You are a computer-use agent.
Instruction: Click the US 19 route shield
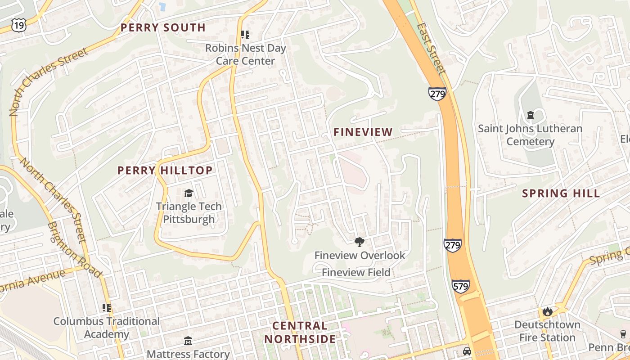pyautogui.click(x=19, y=25)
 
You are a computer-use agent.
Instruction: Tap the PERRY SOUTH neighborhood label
pyautogui.click(x=163, y=27)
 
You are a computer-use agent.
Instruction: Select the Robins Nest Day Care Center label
pyautogui.click(x=245, y=54)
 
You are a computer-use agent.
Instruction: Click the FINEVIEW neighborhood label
pyautogui.click(x=363, y=132)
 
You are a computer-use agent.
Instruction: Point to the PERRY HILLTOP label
pyautogui.click(x=165, y=171)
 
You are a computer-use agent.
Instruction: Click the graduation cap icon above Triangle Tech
pyautogui.click(x=189, y=193)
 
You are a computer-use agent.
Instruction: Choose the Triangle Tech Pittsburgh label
pyautogui.click(x=189, y=213)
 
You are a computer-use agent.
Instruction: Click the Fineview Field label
pyautogui.click(x=356, y=272)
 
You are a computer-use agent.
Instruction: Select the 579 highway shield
pyautogui.click(x=461, y=286)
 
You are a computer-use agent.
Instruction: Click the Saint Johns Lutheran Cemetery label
pyautogui.click(x=530, y=135)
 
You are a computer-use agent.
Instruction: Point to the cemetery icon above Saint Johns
pyautogui.click(x=530, y=116)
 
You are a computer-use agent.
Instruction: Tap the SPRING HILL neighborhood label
pyautogui.click(x=561, y=193)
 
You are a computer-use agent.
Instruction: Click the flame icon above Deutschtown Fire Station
pyautogui.click(x=547, y=311)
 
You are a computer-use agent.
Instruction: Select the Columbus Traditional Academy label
pyautogui.click(x=107, y=328)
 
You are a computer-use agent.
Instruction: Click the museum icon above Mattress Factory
pyautogui.click(x=188, y=342)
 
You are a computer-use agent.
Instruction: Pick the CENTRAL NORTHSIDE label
pyautogui.click(x=300, y=332)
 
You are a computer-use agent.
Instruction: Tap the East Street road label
pyautogui.click(x=431, y=49)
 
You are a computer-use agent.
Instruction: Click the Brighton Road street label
pyautogui.click(x=74, y=249)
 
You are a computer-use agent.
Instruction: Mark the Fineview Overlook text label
pyautogui.click(x=360, y=256)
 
